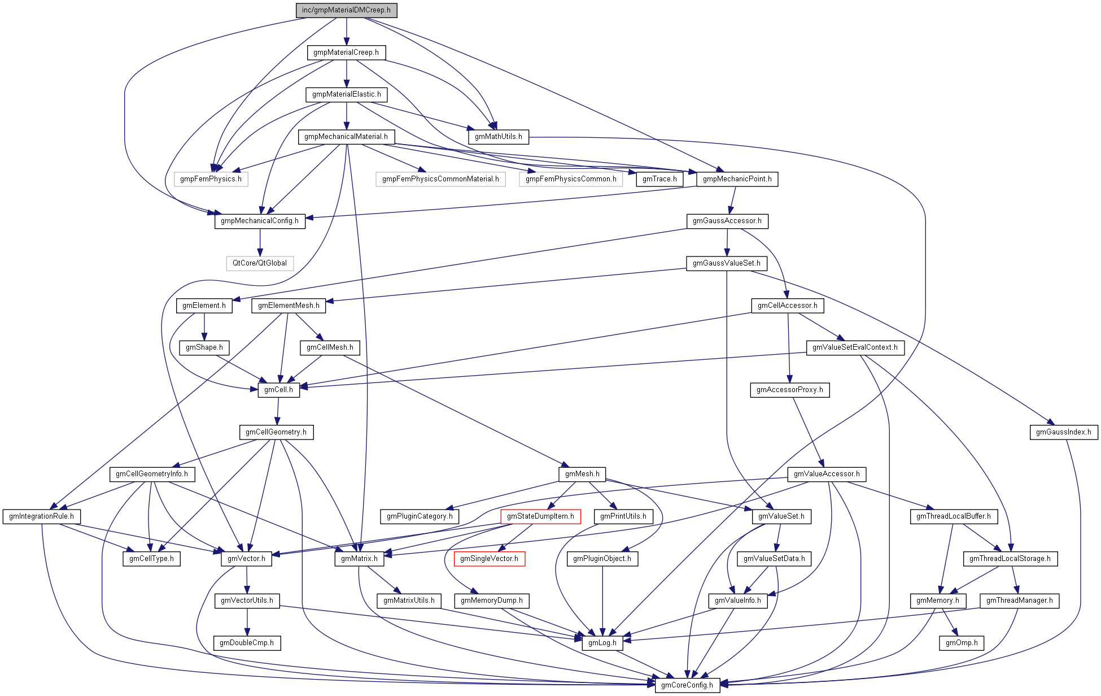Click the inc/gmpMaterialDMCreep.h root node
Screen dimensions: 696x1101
346,10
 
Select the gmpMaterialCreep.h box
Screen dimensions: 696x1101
346,53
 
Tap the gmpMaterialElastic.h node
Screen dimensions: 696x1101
346,94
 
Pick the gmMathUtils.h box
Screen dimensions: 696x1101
498,137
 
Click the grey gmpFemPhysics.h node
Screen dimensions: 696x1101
211,179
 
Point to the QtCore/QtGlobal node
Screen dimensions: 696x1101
260,263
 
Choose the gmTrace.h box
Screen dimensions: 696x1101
659,179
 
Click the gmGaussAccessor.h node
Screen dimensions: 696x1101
727,221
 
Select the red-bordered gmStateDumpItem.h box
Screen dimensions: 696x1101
540,516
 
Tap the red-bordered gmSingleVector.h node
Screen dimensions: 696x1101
489,559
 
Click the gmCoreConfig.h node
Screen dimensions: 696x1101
687,685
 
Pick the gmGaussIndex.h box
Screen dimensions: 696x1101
1064,432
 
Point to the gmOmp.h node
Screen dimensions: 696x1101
962,643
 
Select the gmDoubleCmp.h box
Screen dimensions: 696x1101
247,643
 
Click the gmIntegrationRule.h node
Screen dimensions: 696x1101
41,516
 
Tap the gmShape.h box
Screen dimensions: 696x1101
204,347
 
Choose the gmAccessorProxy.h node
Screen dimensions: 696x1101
789,390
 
